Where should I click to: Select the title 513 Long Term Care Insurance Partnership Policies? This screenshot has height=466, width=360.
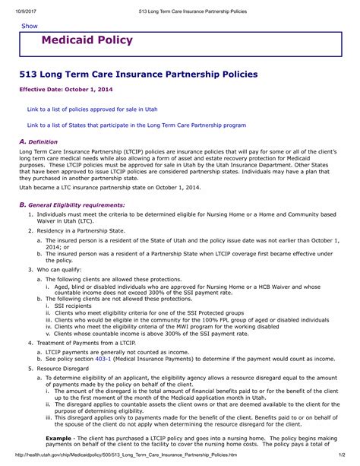coord(138,74)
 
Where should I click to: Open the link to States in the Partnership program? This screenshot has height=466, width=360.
coord(136,125)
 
